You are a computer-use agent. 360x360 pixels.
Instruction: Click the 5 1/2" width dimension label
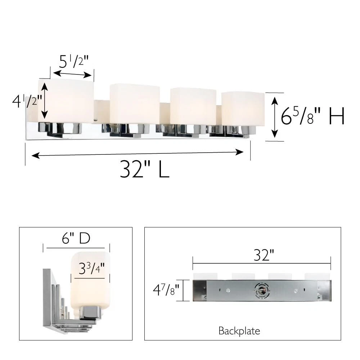click(x=73, y=61)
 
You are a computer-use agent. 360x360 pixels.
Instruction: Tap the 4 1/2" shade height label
click(x=27, y=101)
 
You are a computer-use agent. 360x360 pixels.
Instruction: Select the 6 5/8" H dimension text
click(x=313, y=116)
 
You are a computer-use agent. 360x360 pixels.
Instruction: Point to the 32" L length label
click(x=145, y=169)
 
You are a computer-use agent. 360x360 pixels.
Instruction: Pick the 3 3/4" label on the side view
click(x=91, y=269)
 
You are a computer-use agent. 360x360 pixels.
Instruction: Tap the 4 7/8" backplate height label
click(x=166, y=290)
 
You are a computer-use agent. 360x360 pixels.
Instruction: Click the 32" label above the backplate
click(x=264, y=255)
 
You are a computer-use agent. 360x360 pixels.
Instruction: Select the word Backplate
click(x=239, y=331)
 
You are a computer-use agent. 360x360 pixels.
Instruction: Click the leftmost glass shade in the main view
click(x=66, y=101)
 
